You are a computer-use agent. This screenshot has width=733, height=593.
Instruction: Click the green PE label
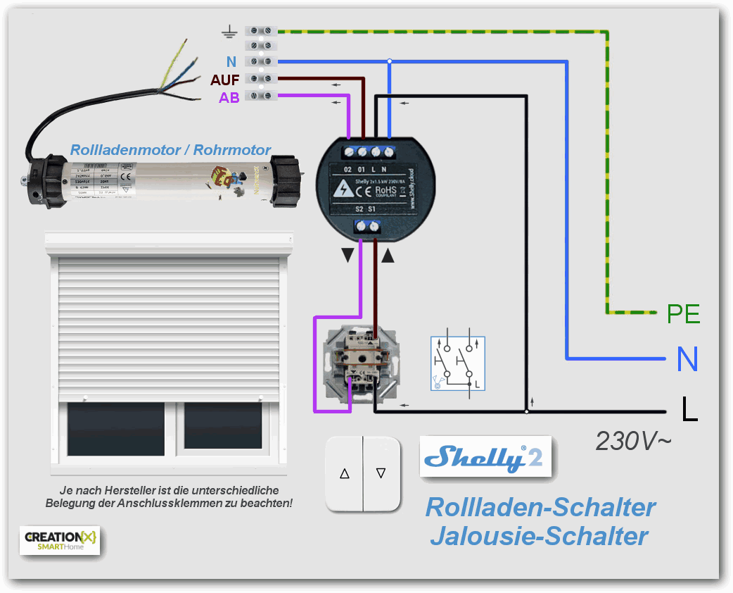tap(683, 313)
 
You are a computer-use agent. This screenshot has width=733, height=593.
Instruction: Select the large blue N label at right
tap(687, 359)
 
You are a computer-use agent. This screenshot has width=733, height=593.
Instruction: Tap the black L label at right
tap(689, 409)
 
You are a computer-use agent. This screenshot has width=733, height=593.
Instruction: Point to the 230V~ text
tap(633, 441)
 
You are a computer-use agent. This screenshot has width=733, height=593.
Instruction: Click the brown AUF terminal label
tap(225, 80)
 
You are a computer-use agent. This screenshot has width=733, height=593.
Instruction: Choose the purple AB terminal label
tap(229, 98)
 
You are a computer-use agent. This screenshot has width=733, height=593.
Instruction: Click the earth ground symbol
tap(228, 31)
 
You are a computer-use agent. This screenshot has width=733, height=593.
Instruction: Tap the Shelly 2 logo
tap(485, 458)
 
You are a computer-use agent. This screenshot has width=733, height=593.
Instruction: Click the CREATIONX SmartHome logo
tap(60, 539)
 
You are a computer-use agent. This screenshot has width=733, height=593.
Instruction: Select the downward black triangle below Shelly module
tap(348, 256)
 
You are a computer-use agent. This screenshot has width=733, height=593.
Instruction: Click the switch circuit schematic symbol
tap(457, 363)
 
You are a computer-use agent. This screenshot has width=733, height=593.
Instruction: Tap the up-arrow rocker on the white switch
tap(345, 474)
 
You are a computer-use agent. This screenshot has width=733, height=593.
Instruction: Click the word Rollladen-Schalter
tap(540, 507)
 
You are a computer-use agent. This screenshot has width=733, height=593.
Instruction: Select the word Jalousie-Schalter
tap(539, 536)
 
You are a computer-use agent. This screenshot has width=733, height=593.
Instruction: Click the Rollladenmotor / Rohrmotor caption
tap(170, 149)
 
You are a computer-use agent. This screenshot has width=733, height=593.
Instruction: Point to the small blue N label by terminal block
tap(231, 62)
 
